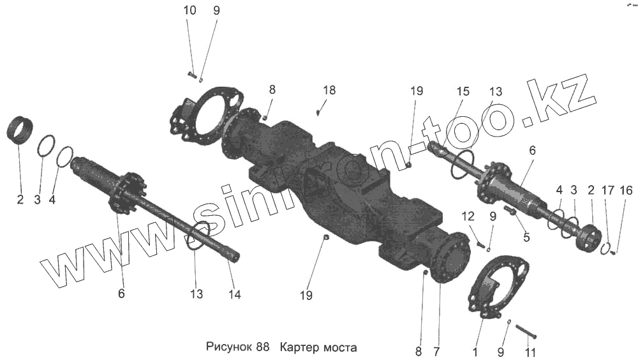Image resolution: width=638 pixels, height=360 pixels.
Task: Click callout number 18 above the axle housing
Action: (329, 91)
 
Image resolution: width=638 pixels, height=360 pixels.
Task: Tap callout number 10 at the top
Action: (190, 11)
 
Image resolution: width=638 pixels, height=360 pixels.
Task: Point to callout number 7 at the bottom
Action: (436, 351)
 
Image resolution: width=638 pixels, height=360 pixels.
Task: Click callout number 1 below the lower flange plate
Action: (475, 351)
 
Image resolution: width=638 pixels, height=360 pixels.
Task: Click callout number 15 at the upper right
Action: (463, 91)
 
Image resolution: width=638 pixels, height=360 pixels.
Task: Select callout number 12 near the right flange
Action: (468, 216)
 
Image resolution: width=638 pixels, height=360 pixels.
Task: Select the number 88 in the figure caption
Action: (262, 348)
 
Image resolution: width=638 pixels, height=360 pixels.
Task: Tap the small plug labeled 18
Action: (318, 112)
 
